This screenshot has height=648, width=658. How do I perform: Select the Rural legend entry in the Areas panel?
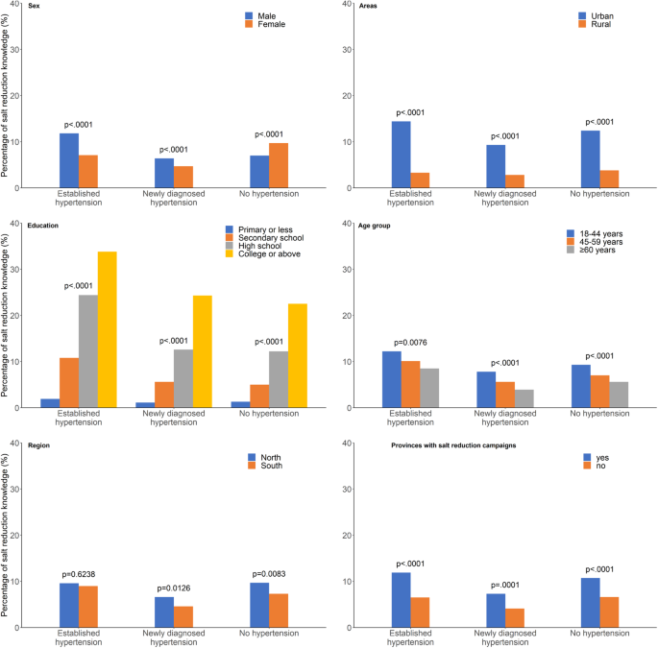[x=600, y=25]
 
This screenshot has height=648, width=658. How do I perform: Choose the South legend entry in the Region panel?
[x=269, y=467]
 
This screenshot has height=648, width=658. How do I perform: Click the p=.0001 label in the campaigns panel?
[x=504, y=585]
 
